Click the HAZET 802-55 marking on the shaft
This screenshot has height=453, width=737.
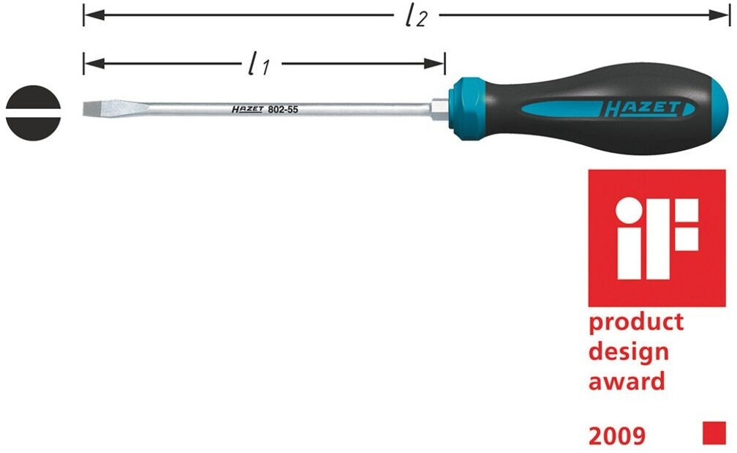[x=265, y=109]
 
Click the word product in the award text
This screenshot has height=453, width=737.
[x=636, y=323]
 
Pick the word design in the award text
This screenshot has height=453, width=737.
[x=629, y=352]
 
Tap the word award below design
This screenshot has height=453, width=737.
[x=627, y=381]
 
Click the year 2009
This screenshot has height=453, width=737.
[x=617, y=436]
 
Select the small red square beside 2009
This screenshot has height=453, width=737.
[x=714, y=433]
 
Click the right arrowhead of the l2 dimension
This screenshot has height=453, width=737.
[x=725, y=14]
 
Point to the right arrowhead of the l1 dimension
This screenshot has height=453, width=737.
[x=439, y=63]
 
